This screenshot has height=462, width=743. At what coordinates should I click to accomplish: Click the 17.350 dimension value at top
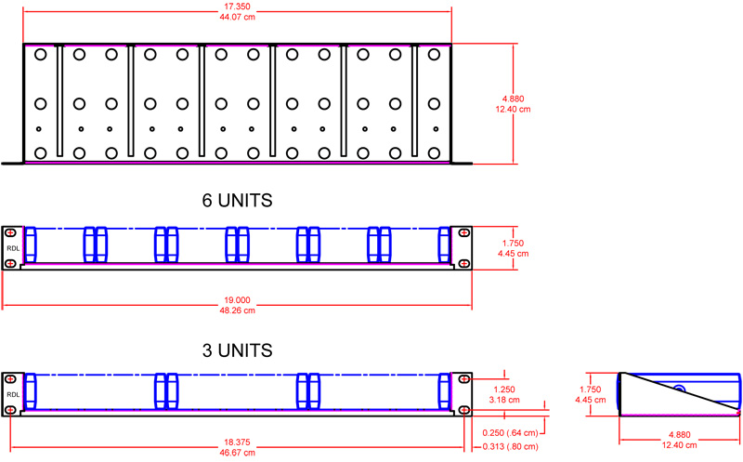(237, 7)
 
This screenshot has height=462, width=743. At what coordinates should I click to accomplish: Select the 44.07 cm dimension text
(237, 18)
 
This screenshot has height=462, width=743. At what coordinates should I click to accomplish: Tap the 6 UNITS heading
(237, 200)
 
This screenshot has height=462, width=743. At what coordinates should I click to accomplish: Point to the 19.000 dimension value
(237, 300)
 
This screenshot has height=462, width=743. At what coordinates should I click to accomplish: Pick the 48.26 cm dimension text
(237, 310)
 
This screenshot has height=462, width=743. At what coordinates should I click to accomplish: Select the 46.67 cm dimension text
(237, 454)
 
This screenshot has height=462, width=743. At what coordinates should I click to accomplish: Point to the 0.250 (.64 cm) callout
(512, 431)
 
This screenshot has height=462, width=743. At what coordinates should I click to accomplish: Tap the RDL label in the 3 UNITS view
(11, 393)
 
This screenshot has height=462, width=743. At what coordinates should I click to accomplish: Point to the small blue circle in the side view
(680, 391)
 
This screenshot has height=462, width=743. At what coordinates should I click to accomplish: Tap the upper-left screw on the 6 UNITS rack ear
(9, 232)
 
